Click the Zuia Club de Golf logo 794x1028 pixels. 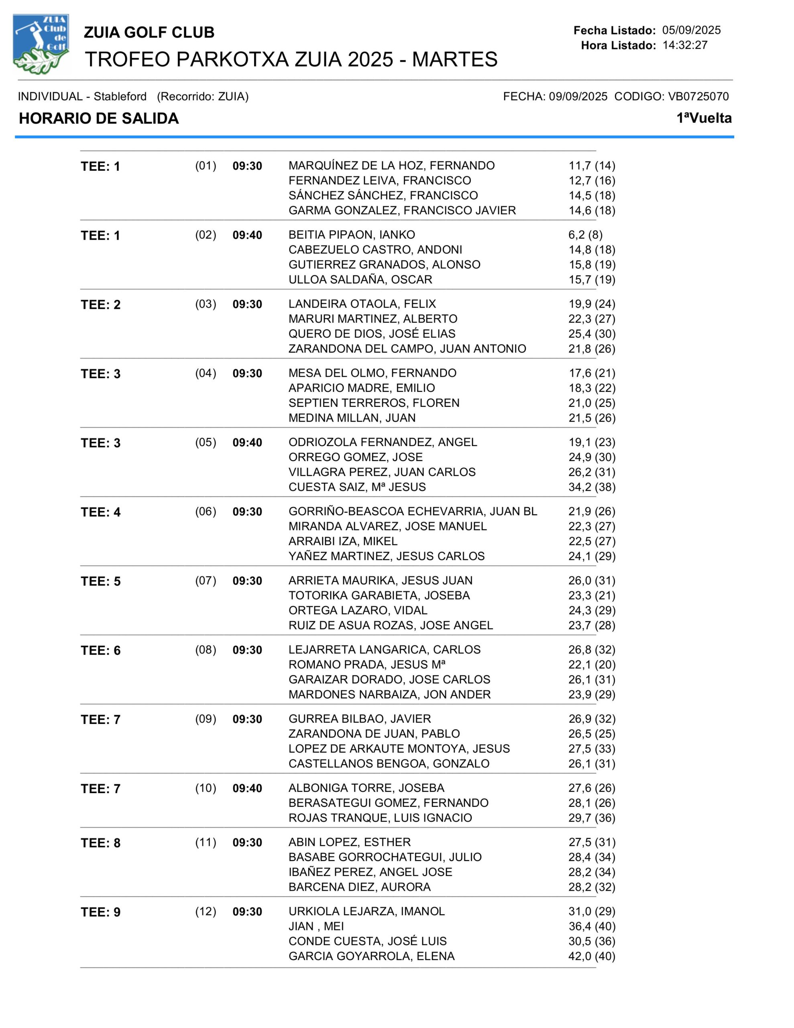[41, 44]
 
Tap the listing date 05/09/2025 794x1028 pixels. [691, 30]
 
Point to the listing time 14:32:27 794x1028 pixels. [685, 45]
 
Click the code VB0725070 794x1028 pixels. [698, 96]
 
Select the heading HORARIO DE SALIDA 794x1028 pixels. [99, 118]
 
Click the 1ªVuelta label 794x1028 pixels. [704, 118]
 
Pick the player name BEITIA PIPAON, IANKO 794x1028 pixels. [352, 235]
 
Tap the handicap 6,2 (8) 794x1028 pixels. [585, 235]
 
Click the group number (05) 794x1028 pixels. [206, 443]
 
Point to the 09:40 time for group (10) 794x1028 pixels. [247, 788]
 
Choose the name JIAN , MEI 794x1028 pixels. [316, 926]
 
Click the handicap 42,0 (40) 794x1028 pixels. [592, 956]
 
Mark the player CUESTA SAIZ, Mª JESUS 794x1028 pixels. [357, 487]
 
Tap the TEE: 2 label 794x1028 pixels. [101, 304]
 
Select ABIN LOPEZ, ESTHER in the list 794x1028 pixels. [349, 842]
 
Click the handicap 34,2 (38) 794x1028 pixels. [592, 487]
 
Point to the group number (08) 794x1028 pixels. [206, 650]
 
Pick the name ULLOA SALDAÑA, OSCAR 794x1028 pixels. [360, 279]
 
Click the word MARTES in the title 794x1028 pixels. [455, 60]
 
